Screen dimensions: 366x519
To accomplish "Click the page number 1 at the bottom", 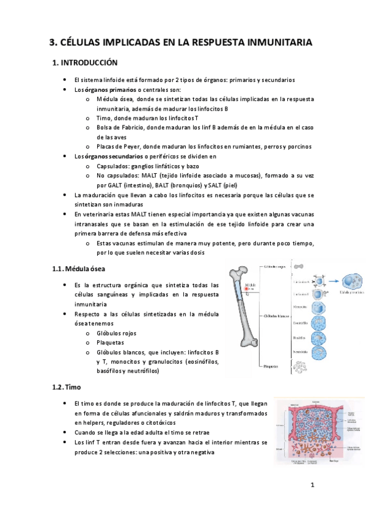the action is [312, 486].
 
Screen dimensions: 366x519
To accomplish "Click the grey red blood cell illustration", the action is [298, 267].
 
